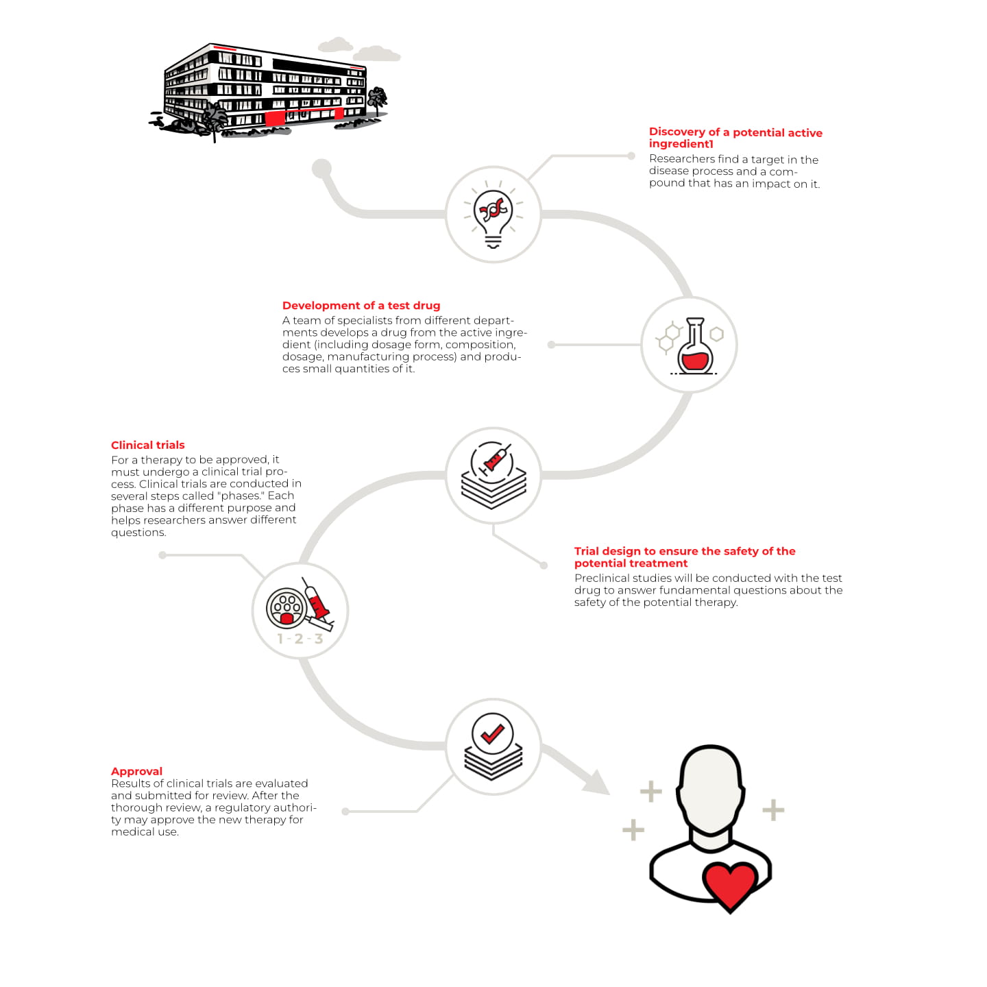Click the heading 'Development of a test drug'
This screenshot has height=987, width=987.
click(x=361, y=306)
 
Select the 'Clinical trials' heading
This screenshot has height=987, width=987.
click(x=148, y=445)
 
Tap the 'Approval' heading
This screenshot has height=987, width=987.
click(x=136, y=771)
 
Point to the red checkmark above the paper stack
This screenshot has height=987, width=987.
click(x=492, y=734)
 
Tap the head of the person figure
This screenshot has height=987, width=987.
click(x=711, y=788)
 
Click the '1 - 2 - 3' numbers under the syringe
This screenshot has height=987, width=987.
click(x=300, y=639)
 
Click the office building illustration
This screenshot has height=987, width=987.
click(x=267, y=89)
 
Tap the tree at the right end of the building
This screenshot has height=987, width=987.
click(x=376, y=100)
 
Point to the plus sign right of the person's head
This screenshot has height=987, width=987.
click(x=773, y=810)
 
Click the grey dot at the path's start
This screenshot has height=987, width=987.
click(x=321, y=168)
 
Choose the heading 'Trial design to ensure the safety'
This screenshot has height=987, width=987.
click(x=685, y=551)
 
